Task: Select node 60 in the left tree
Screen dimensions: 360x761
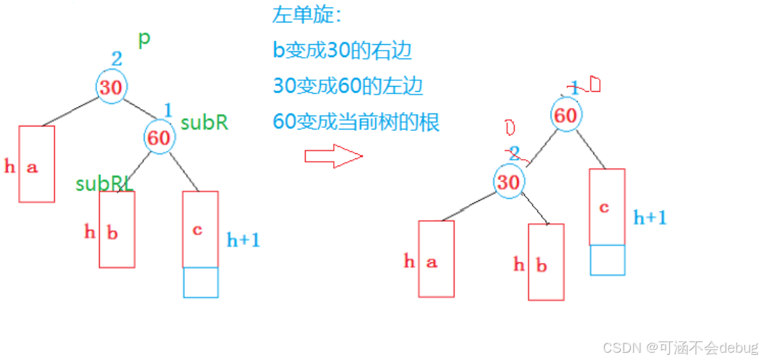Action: (159, 137)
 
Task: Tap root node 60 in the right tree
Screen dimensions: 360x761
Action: (567, 115)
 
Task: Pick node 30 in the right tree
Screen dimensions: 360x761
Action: (509, 182)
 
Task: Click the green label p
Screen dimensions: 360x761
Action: (145, 38)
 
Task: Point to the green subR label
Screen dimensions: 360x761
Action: (204, 123)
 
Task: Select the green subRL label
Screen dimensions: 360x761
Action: (104, 184)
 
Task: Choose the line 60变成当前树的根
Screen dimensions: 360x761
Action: (356, 121)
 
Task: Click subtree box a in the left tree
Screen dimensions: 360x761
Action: (36, 164)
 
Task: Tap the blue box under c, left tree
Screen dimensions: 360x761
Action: (200, 283)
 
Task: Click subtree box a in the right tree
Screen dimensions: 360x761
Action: (436, 259)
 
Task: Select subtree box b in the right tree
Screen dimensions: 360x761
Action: (546, 262)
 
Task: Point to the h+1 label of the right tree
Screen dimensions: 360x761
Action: (650, 217)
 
